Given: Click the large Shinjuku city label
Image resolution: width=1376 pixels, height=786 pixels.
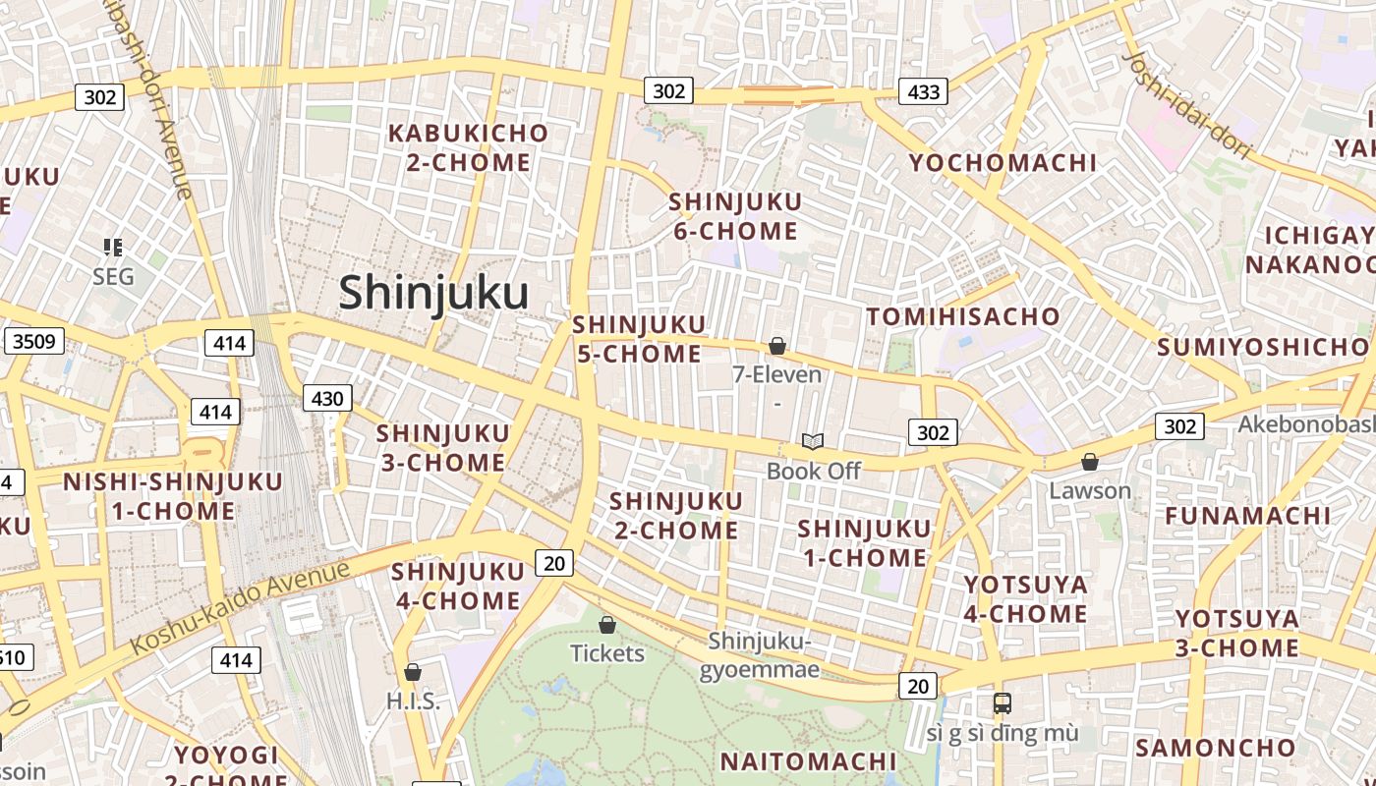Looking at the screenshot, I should (433, 293).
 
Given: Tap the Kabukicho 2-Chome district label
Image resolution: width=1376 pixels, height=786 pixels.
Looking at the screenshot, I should (468, 147).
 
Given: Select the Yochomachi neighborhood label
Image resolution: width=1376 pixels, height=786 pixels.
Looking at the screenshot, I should (1003, 162).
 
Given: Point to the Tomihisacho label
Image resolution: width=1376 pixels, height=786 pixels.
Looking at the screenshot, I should (962, 316).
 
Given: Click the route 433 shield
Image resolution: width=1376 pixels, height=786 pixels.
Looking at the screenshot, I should (923, 92).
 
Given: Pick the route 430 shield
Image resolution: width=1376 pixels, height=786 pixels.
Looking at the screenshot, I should (326, 398).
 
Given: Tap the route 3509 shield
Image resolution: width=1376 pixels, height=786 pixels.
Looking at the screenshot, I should (33, 342).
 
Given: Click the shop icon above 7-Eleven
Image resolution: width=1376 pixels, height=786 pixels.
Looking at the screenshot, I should (777, 346).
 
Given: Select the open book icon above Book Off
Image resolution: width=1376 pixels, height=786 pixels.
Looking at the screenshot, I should (813, 441).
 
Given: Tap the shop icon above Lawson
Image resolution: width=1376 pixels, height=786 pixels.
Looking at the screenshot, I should (1089, 462).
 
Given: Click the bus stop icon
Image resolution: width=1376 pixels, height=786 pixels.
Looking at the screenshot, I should (1002, 703).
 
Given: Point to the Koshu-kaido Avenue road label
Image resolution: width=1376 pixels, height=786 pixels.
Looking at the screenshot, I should (240, 607).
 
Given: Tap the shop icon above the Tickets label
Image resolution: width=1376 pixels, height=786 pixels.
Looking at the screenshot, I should (607, 625).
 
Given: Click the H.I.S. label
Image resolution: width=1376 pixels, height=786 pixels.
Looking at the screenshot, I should (413, 702).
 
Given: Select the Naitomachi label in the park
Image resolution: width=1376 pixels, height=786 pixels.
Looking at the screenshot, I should (808, 761).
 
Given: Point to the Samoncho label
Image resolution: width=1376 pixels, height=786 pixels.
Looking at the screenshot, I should (1216, 748).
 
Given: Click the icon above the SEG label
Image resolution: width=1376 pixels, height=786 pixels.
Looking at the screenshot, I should (113, 248).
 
